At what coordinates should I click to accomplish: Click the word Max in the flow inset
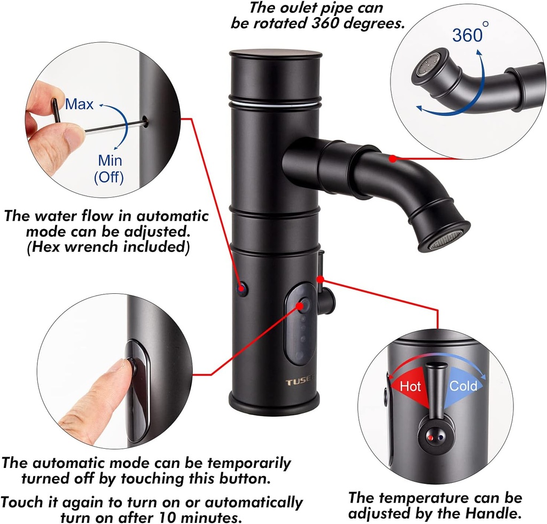pos(79,104)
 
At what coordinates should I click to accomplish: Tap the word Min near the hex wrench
pos(110,160)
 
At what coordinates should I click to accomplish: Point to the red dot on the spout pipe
pos(393,158)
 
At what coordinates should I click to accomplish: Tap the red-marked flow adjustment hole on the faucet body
pos(243,288)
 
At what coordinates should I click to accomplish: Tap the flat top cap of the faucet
pos(276,53)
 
